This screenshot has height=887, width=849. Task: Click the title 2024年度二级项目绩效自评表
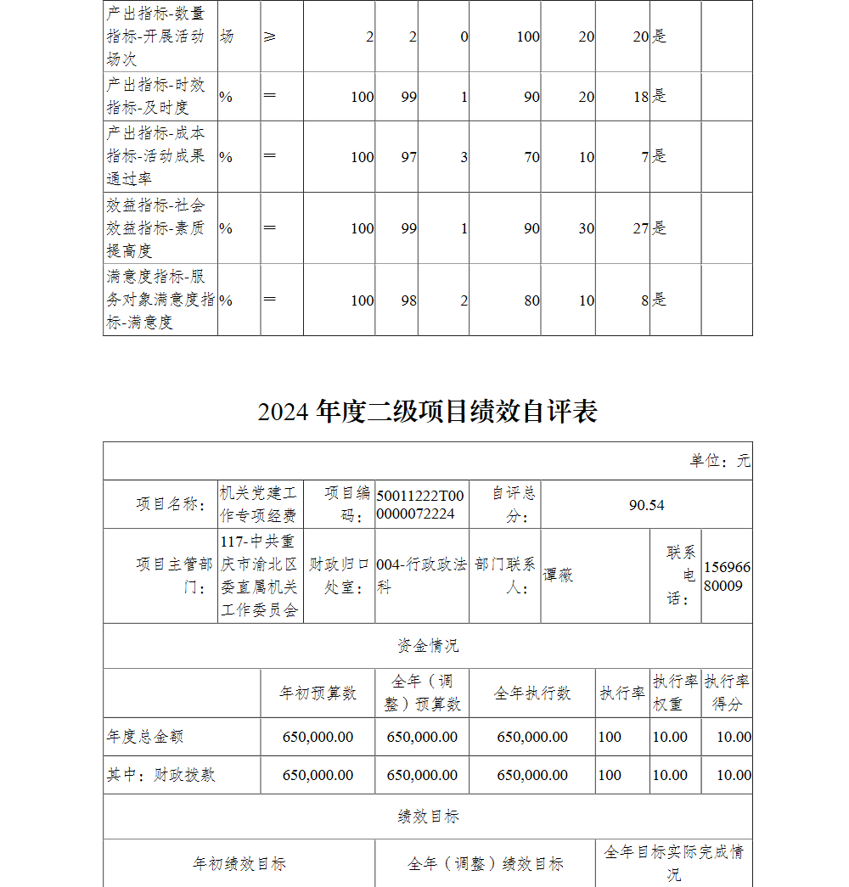point(428,412)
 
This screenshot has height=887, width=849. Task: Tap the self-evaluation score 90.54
point(646,505)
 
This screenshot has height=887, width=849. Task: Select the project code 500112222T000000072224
point(420,505)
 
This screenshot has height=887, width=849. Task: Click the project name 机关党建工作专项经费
point(259,504)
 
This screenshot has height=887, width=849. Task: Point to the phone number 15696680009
point(727,576)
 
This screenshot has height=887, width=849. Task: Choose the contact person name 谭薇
point(559,575)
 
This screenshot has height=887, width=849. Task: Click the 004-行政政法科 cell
point(421,575)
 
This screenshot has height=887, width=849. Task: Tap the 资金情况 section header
point(428,646)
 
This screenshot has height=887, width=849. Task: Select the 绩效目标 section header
point(428,817)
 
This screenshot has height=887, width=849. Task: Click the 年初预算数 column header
point(318,693)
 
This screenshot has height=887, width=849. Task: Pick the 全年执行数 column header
point(532,693)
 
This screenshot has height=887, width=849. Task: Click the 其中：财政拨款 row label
point(160,775)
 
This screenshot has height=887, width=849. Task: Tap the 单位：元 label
point(720,461)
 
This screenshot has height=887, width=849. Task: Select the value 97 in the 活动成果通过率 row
point(409,157)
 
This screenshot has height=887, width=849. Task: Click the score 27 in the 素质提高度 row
point(640,228)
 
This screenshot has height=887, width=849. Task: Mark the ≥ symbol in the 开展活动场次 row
point(270,36)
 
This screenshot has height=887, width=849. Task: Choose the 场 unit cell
point(227,36)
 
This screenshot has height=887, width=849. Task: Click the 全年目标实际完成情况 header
point(673,862)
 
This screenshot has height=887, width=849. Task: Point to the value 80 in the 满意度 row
point(531,300)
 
